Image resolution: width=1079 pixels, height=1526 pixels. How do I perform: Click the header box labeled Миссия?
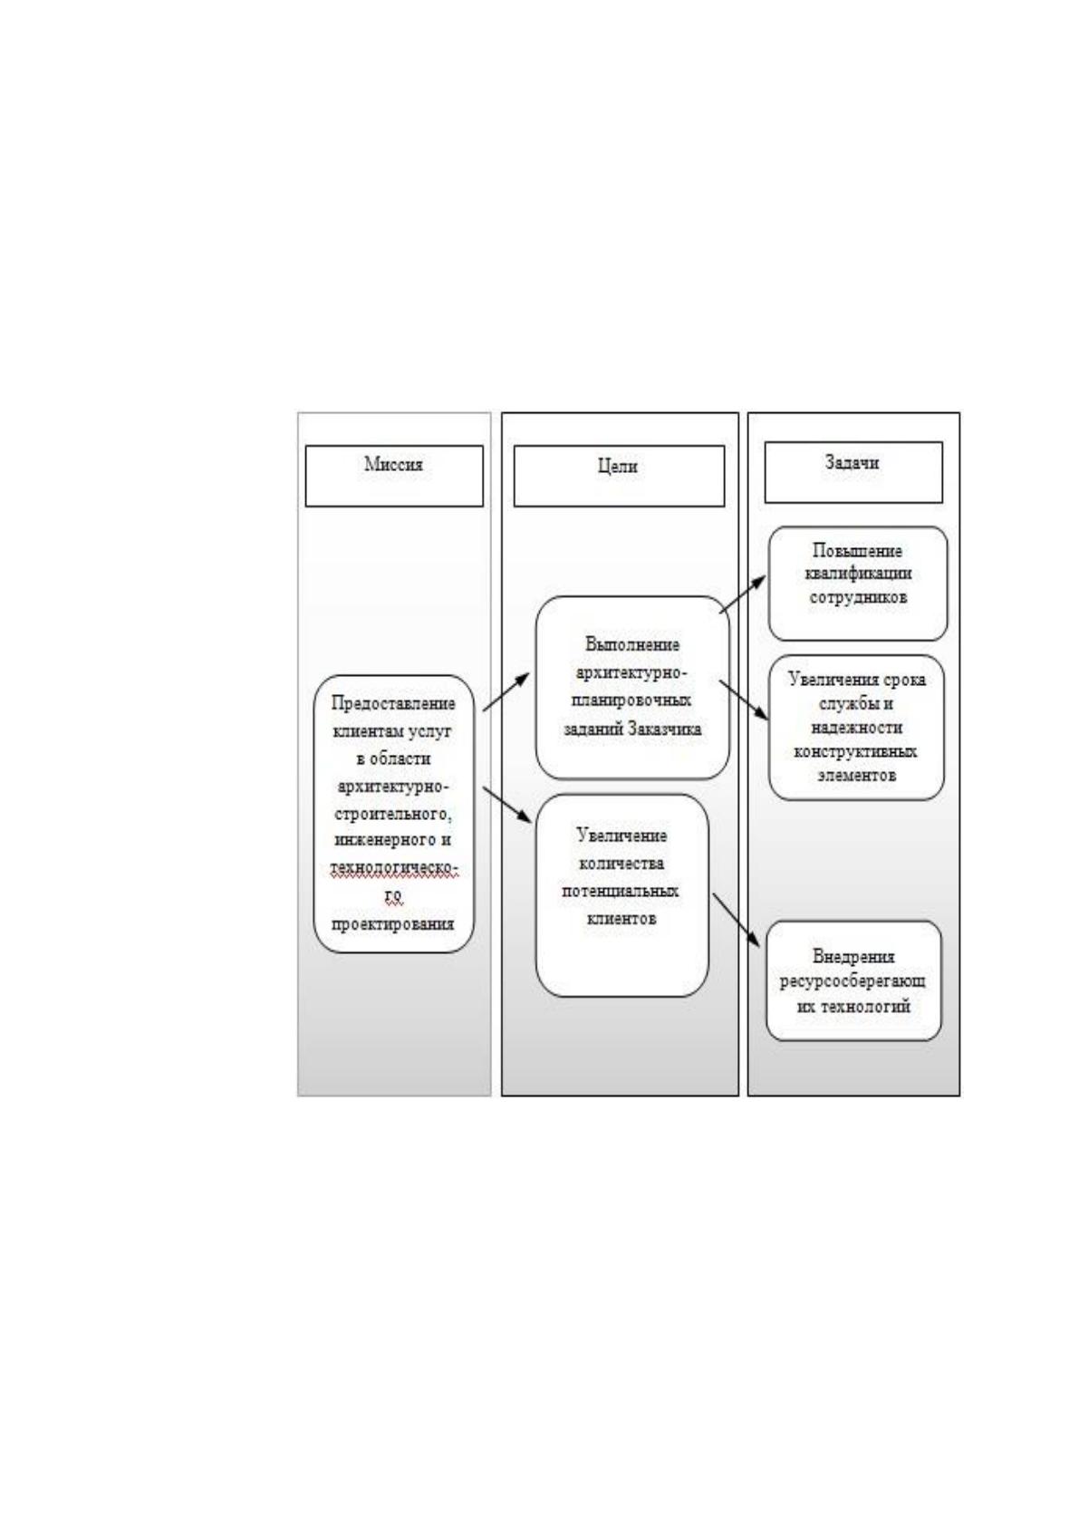click(x=394, y=476)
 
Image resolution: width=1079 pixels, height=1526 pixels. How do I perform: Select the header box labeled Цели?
click(x=619, y=476)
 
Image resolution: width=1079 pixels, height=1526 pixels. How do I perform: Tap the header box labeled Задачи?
click(x=853, y=472)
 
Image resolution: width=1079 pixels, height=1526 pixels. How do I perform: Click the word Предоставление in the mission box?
click(x=393, y=703)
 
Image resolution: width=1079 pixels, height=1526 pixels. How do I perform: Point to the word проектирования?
click(x=393, y=924)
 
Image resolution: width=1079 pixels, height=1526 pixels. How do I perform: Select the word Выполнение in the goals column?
click(x=632, y=644)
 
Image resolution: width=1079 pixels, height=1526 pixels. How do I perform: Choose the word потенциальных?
click(x=620, y=891)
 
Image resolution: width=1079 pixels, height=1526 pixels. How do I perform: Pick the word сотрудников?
click(x=858, y=598)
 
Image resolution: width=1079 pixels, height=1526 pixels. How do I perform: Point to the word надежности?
click(x=856, y=727)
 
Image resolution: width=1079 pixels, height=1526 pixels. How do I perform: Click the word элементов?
click(x=857, y=775)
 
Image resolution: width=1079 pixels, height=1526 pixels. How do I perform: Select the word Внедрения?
click(x=853, y=956)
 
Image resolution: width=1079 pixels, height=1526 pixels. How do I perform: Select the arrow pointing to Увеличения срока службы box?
click(x=744, y=700)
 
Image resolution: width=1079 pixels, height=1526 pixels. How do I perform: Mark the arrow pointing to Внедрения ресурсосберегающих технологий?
click(x=736, y=920)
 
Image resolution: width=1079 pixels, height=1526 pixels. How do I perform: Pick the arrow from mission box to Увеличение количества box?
click(x=506, y=806)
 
